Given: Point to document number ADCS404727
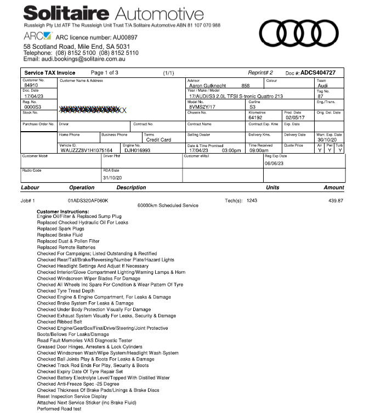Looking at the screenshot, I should (318, 72).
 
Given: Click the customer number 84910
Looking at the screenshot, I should (31, 86).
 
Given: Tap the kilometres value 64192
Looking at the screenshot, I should (257, 117).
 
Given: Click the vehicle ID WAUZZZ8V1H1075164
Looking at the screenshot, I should (86, 150).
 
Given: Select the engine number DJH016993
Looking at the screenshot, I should (137, 150).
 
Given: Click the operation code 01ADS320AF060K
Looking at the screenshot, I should (88, 201).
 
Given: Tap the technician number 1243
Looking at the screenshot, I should (252, 201).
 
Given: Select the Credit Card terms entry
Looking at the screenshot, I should (158, 140).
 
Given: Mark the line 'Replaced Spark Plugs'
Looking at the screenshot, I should (61, 229).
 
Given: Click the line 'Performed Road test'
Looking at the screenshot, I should (59, 409).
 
